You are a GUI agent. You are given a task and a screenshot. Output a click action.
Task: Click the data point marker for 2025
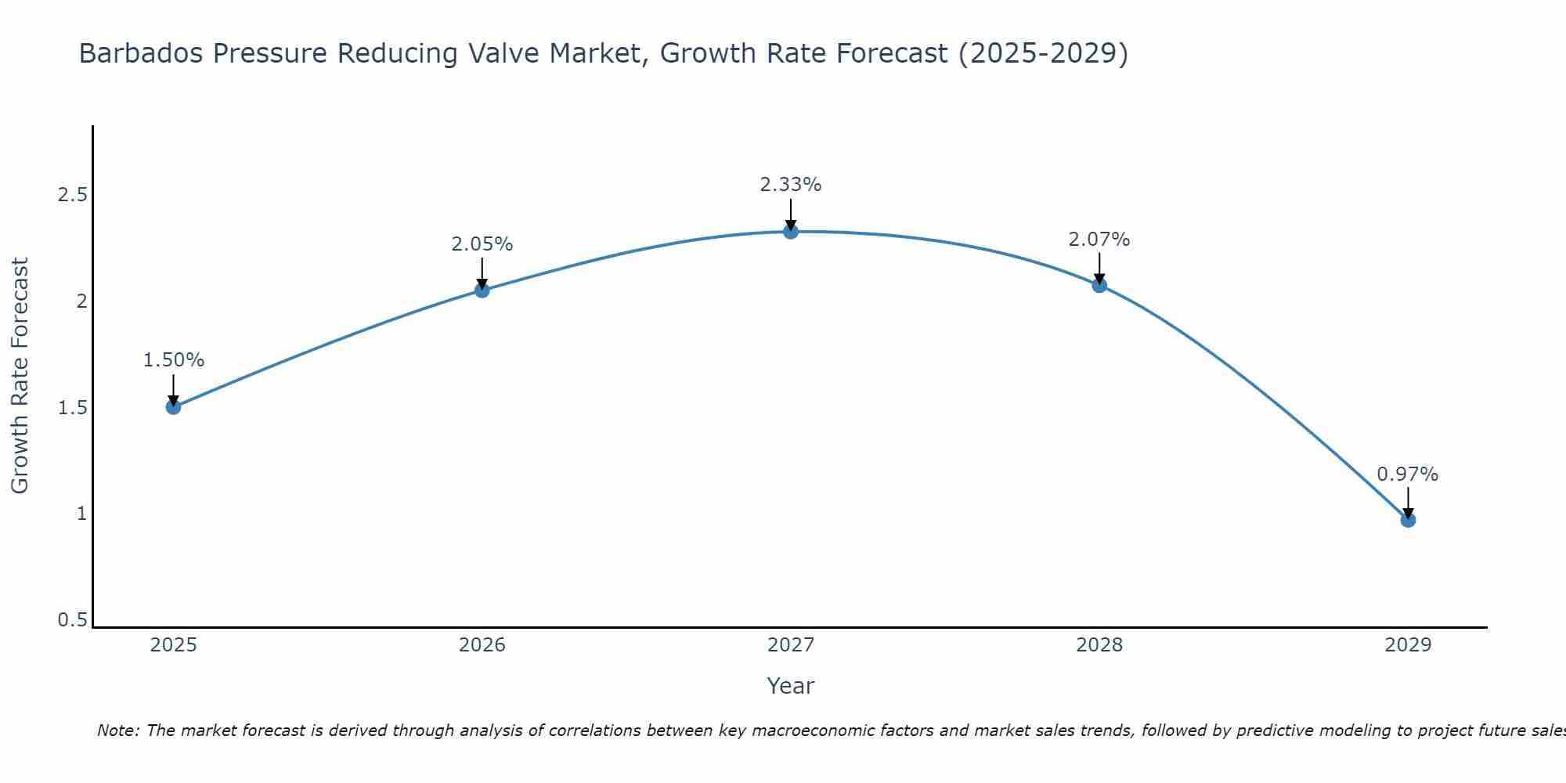click(x=174, y=406)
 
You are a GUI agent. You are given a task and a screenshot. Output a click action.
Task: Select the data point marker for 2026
click(x=482, y=290)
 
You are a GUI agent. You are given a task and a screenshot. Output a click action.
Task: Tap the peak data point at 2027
click(x=791, y=231)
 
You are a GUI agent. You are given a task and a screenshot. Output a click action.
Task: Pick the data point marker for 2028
click(x=1099, y=285)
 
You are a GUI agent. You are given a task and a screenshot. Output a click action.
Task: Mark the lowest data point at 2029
click(x=1408, y=520)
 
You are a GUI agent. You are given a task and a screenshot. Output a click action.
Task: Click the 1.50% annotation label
click(x=174, y=360)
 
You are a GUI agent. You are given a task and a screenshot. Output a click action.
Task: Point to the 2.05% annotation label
click(x=482, y=244)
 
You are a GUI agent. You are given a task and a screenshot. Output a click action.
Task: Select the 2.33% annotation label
click(x=791, y=185)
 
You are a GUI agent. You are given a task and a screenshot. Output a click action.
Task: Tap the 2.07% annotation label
click(x=1099, y=240)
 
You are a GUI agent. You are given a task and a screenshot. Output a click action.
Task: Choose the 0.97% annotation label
click(x=1408, y=474)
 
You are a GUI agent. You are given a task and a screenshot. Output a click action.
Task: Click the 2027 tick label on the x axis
click(x=791, y=645)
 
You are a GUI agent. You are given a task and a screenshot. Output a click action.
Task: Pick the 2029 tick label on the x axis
click(x=1408, y=645)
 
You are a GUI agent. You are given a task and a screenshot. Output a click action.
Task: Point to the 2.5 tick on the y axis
click(x=72, y=195)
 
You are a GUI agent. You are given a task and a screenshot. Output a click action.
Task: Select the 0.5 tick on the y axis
click(x=72, y=620)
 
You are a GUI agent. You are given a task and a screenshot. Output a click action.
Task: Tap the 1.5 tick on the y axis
click(x=72, y=408)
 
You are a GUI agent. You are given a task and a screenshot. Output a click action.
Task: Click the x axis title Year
click(x=791, y=686)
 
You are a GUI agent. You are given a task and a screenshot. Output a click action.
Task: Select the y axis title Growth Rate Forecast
click(x=20, y=376)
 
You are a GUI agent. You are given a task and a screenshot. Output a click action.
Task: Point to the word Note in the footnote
click(x=117, y=731)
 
